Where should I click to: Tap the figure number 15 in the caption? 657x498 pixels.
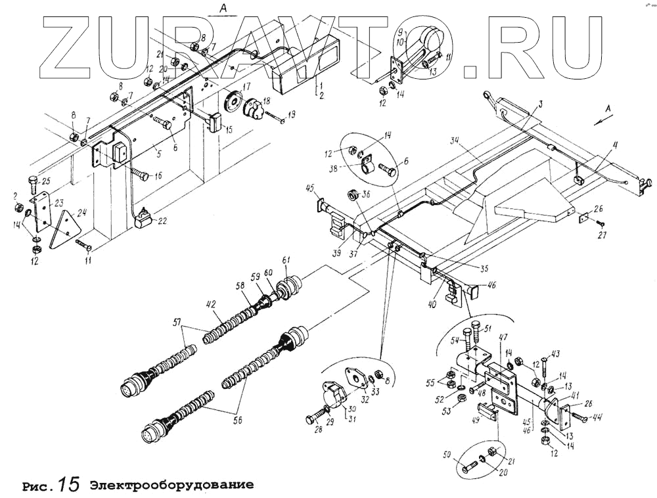(x=68, y=485)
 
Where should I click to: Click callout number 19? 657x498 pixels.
(x=291, y=114)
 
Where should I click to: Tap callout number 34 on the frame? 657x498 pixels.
(x=455, y=139)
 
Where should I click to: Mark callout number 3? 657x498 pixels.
(x=540, y=104)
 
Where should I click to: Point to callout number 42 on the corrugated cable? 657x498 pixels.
(x=211, y=304)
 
